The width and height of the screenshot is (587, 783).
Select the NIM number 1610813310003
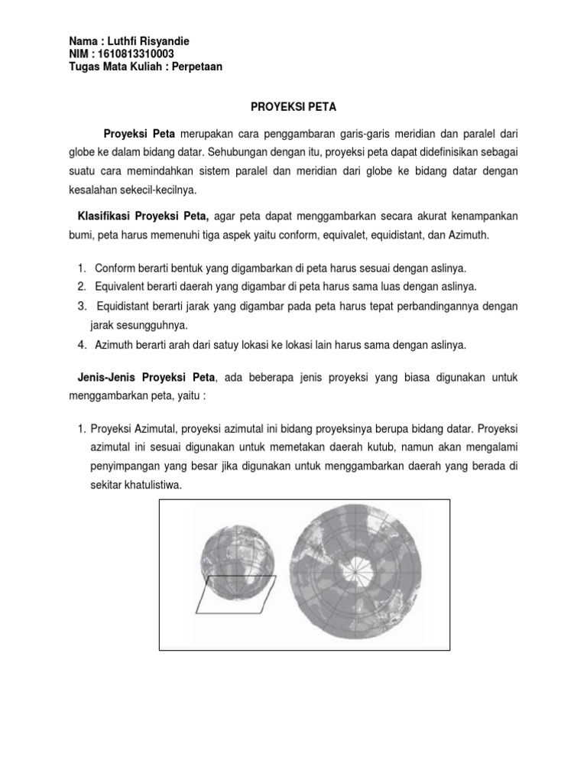(136, 54)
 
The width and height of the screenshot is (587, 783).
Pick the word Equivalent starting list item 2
(120, 287)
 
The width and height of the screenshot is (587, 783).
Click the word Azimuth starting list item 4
(115, 345)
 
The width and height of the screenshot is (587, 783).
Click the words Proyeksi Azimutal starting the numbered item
(137, 429)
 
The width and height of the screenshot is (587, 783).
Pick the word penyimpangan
(125, 466)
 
